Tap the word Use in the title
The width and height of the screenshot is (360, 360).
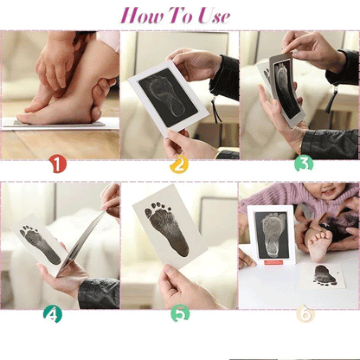pos(211,16)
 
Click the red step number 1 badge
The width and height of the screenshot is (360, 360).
pos(57,163)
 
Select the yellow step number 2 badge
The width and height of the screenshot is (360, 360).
pos(179,163)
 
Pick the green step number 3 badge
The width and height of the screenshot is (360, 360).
pos(303,163)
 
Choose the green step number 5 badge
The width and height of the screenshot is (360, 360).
pos(179,314)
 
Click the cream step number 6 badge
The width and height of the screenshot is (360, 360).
pos(304,314)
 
